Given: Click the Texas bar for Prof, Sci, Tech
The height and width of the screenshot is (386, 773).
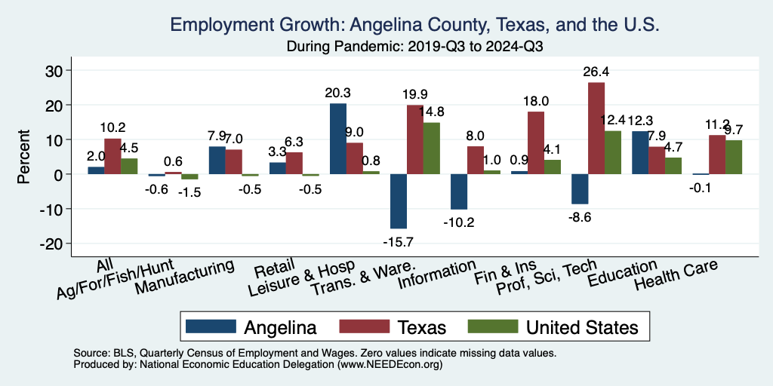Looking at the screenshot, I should [x=596, y=128].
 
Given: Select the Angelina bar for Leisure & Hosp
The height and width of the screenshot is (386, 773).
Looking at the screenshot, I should [x=338, y=139].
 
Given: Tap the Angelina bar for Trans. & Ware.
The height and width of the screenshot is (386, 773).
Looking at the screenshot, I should [x=399, y=201].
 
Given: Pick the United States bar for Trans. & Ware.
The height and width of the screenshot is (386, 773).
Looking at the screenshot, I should [x=433, y=149].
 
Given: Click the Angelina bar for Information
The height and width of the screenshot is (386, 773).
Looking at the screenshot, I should [x=459, y=191].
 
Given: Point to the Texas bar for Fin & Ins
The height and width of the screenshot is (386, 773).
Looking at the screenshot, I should [x=536, y=143].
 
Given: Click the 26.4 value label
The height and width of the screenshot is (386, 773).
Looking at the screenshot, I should [x=596, y=72].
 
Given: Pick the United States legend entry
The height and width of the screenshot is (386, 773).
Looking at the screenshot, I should [x=554, y=326].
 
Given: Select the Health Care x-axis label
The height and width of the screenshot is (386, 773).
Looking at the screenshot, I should [x=676, y=276].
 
